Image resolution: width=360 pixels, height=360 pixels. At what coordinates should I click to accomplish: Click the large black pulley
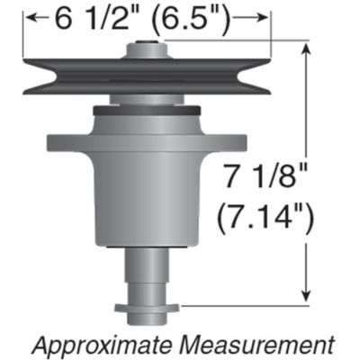(81, 76)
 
